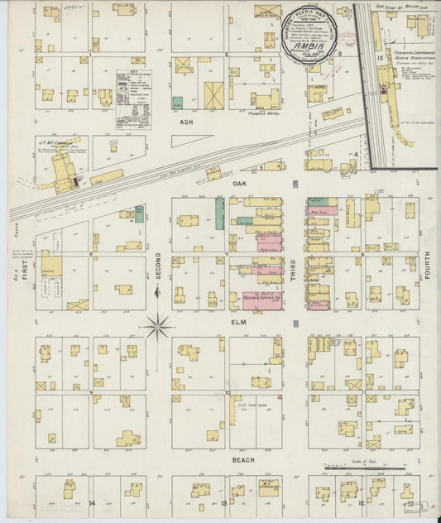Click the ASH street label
[186, 119]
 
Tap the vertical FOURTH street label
[428, 266]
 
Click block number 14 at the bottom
[93, 503]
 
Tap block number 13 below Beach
[224, 503]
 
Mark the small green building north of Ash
[177, 103]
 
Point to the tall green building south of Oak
[219, 213]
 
